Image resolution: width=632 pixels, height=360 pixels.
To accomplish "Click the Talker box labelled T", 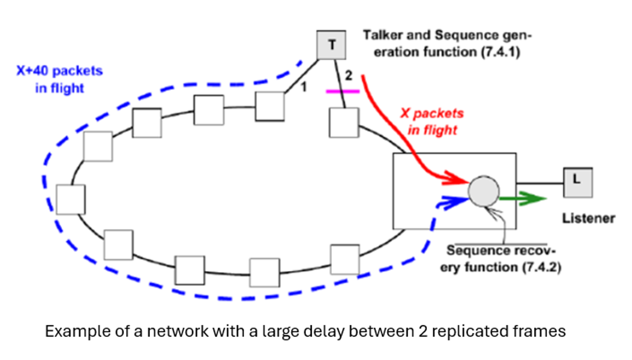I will coord(332,45).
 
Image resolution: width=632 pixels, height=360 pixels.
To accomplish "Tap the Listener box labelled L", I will coord(578,182).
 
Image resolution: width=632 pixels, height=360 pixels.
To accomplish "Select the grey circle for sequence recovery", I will coord(484,191).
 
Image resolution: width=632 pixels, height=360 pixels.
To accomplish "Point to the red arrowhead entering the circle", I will coord(459,181).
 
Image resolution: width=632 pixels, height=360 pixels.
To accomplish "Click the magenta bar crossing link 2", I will coord(343,91).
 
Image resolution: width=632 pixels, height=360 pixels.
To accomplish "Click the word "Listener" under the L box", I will coord(588,218).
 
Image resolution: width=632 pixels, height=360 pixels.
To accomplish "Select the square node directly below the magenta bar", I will coord(344,123).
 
